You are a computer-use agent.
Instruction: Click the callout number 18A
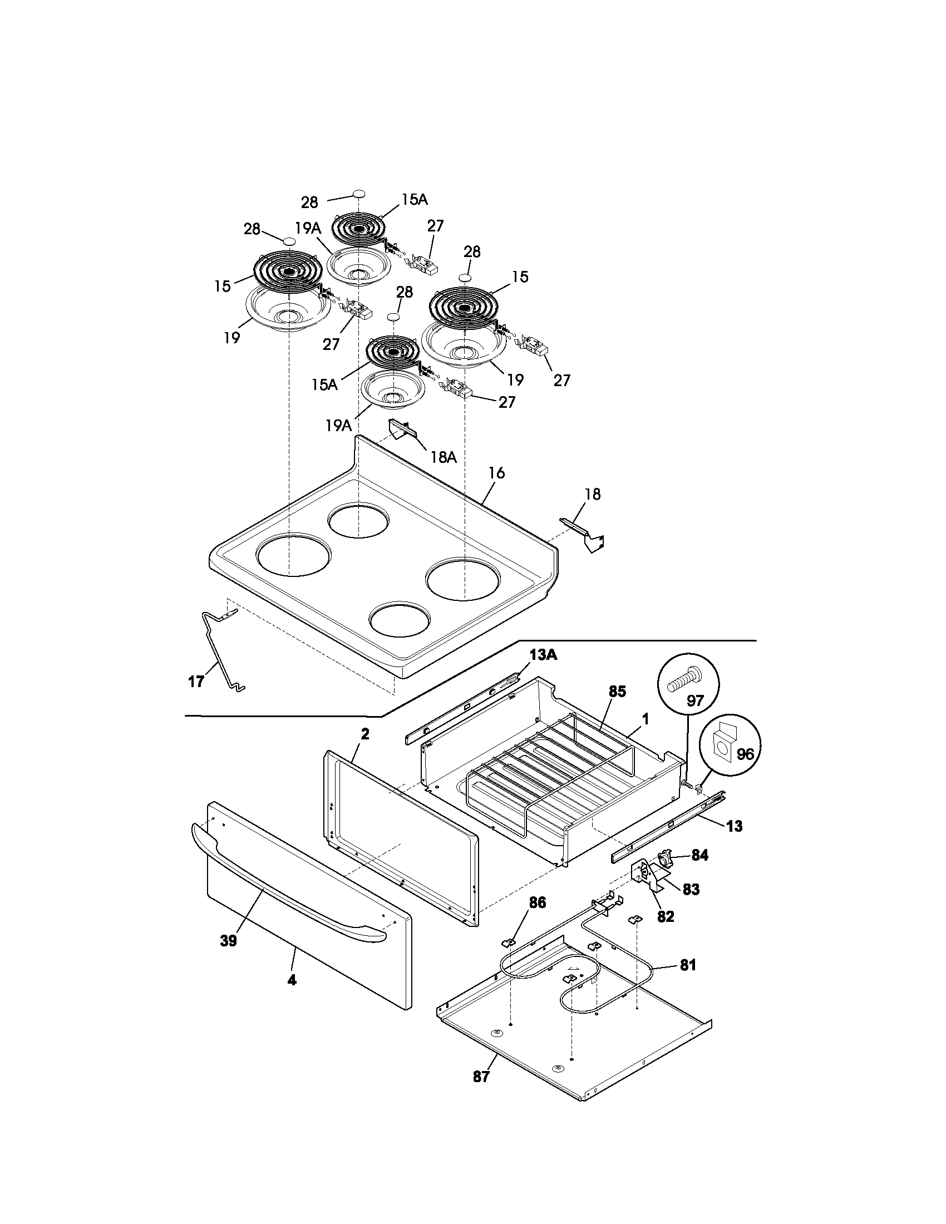pyautogui.click(x=444, y=457)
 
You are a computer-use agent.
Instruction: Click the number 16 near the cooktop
pyautogui.click(x=496, y=473)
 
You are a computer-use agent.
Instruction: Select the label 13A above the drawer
pyautogui.click(x=543, y=655)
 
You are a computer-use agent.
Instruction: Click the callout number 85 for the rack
pyautogui.click(x=617, y=692)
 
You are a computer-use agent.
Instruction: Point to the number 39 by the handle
pyautogui.click(x=228, y=941)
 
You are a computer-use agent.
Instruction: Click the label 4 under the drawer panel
pyautogui.click(x=292, y=980)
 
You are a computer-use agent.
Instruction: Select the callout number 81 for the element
pyautogui.click(x=688, y=965)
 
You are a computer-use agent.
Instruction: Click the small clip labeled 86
pyautogui.click(x=509, y=942)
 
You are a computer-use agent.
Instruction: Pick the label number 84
pyautogui.click(x=699, y=855)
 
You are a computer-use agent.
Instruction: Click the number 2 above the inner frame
pyautogui.click(x=365, y=734)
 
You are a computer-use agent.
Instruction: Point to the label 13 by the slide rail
pyautogui.click(x=734, y=826)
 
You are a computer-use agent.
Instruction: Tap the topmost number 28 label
pyautogui.click(x=309, y=202)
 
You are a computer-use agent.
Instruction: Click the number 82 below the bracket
pyautogui.click(x=665, y=917)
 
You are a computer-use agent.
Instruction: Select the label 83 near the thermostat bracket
pyautogui.click(x=691, y=890)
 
